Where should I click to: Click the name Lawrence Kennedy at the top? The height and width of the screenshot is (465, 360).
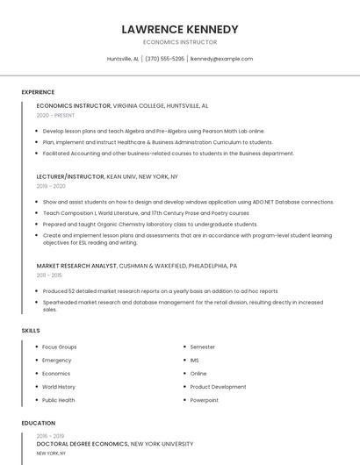pyautogui.click(x=180, y=29)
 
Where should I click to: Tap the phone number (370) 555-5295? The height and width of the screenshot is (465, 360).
pyautogui.click(x=164, y=59)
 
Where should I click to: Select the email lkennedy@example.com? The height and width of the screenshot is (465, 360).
pyautogui.click(x=221, y=59)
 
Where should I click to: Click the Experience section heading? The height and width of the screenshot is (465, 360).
pyautogui.click(x=38, y=92)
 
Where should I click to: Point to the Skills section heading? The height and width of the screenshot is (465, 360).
pyautogui.click(x=31, y=330)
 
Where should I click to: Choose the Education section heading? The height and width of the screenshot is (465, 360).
pyautogui.click(x=39, y=423)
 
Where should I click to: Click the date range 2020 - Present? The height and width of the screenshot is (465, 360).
pyautogui.click(x=56, y=115)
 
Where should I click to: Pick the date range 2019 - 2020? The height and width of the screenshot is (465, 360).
pyautogui.click(x=51, y=186)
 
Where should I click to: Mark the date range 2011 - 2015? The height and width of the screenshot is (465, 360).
pyautogui.click(x=49, y=275)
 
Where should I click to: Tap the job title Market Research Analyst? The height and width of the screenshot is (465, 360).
pyautogui.click(x=76, y=265)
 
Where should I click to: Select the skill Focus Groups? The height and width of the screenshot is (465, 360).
pyautogui.click(x=60, y=347)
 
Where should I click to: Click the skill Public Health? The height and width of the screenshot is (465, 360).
pyautogui.click(x=59, y=400)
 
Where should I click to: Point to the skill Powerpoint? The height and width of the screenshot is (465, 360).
pyautogui.click(x=205, y=400)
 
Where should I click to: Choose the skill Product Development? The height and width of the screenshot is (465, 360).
pyautogui.click(x=218, y=387)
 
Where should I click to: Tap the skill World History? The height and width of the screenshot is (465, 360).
pyautogui.click(x=59, y=387)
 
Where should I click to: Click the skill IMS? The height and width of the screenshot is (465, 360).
pyautogui.click(x=195, y=361)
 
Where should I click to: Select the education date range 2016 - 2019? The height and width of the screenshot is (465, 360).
pyautogui.click(x=50, y=436)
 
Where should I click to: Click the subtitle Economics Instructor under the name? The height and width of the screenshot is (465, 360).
pyautogui.click(x=180, y=42)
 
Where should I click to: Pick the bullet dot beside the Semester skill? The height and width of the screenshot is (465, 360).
pyautogui.click(x=184, y=347)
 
